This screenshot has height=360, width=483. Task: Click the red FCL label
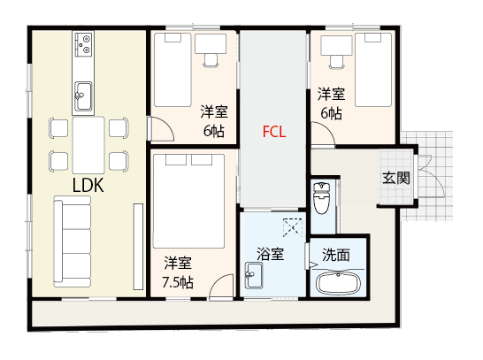point(274,132)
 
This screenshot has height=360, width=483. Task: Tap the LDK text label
point(88,185)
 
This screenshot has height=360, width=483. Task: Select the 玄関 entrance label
point(396,178)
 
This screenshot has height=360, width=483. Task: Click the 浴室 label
point(270,254)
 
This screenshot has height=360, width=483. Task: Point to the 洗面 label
point(336,255)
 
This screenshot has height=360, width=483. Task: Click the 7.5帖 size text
point(178,282)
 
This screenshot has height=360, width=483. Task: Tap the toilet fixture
point(321,198)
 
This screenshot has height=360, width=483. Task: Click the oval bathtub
point(339,283)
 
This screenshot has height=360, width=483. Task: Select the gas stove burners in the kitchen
point(83,43)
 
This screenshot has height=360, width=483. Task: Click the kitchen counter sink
point(83,96)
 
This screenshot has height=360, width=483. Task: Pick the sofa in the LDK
point(73,241)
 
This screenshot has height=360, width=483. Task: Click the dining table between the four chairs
point(88,145)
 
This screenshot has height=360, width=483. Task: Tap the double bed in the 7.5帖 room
point(188,201)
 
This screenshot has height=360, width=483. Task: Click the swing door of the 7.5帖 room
point(221,287)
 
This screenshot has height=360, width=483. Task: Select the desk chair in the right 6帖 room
point(337,62)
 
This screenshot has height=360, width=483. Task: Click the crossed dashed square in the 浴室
point(293,227)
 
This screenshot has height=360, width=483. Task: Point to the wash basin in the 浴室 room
point(254,275)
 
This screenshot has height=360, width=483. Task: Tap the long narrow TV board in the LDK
point(138,247)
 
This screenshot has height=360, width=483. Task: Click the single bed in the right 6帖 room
point(373,70)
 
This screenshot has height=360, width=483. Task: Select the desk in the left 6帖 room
point(211,43)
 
